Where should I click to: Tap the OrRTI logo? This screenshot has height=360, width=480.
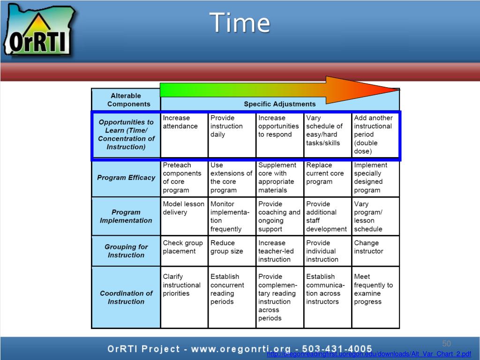click(x=39, y=30)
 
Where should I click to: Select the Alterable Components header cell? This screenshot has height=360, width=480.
click(x=126, y=100)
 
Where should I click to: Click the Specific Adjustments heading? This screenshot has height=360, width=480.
click(x=279, y=104)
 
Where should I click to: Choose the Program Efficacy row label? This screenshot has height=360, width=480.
click(x=126, y=178)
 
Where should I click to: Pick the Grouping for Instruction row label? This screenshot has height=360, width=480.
click(x=126, y=251)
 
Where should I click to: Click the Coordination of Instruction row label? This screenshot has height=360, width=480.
click(x=126, y=297)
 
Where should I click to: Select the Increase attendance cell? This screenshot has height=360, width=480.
click(x=184, y=135)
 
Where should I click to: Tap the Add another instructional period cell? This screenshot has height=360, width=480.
click(x=375, y=135)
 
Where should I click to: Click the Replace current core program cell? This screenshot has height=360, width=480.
click(x=327, y=178)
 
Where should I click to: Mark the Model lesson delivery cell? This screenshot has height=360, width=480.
click(x=184, y=216)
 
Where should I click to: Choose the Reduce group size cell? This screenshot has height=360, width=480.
click(x=232, y=251)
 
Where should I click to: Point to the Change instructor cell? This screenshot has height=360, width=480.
click(x=375, y=251)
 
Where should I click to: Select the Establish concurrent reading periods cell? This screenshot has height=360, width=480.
click(x=232, y=297)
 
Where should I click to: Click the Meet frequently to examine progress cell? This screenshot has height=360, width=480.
click(x=375, y=297)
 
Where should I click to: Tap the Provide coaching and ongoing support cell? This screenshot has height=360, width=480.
click(x=279, y=216)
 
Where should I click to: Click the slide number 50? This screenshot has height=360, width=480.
click(x=446, y=344)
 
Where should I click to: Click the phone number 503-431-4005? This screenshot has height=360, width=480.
click(x=337, y=349)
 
